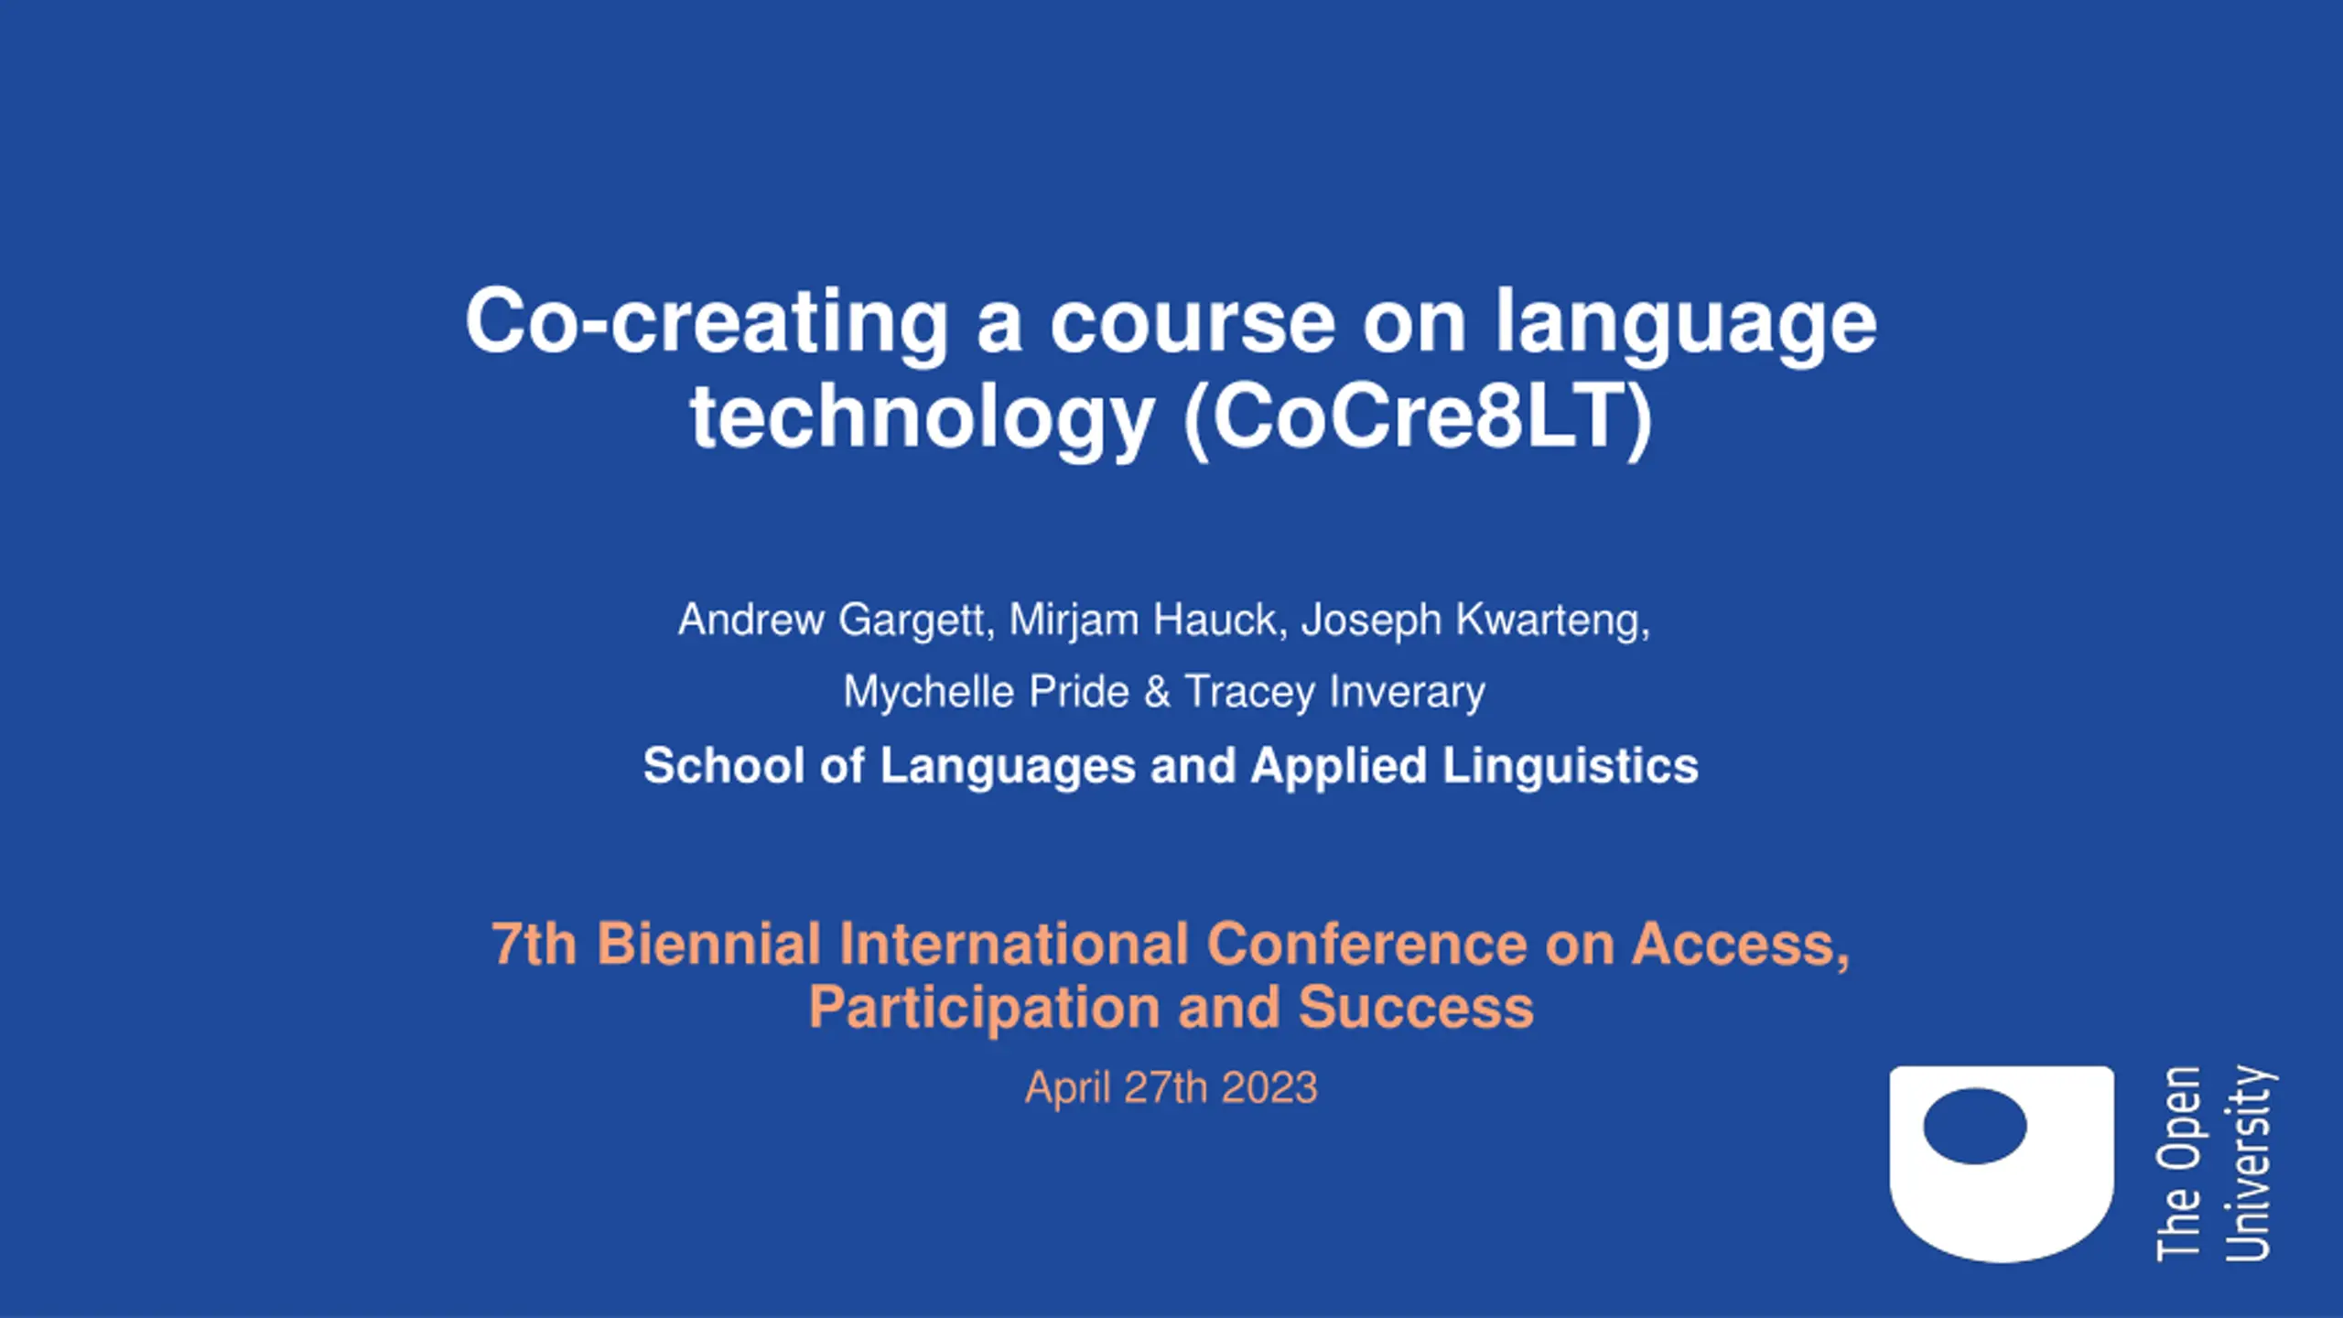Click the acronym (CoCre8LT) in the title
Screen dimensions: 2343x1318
tap(1419, 418)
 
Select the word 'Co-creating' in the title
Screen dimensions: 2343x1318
tap(707, 322)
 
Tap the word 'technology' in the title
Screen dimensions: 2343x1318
tap(922, 418)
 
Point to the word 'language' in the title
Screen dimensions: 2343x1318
tap(1686, 322)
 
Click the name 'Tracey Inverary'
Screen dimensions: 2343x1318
tap(1335, 692)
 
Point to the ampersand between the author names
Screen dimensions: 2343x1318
tap(1158, 691)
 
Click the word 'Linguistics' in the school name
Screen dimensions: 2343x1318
tap(1571, 765)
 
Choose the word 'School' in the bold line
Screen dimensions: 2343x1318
tap(723, 765)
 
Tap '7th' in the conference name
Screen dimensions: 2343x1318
tap(534, 944)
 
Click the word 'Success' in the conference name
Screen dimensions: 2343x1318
tap(1416, 1007)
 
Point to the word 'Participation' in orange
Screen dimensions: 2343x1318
tap(985, 1009)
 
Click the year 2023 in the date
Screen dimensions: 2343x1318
tap(1269, 1088)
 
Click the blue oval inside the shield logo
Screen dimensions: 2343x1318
tap(1975, 1126)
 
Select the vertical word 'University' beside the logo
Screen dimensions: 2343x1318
tap(2249, 1163)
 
